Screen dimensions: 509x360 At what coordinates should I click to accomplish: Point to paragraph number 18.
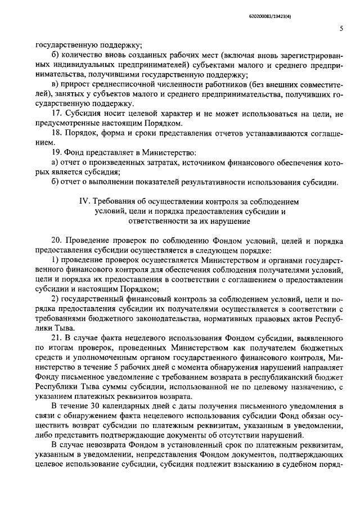click(x=56, y=133)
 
